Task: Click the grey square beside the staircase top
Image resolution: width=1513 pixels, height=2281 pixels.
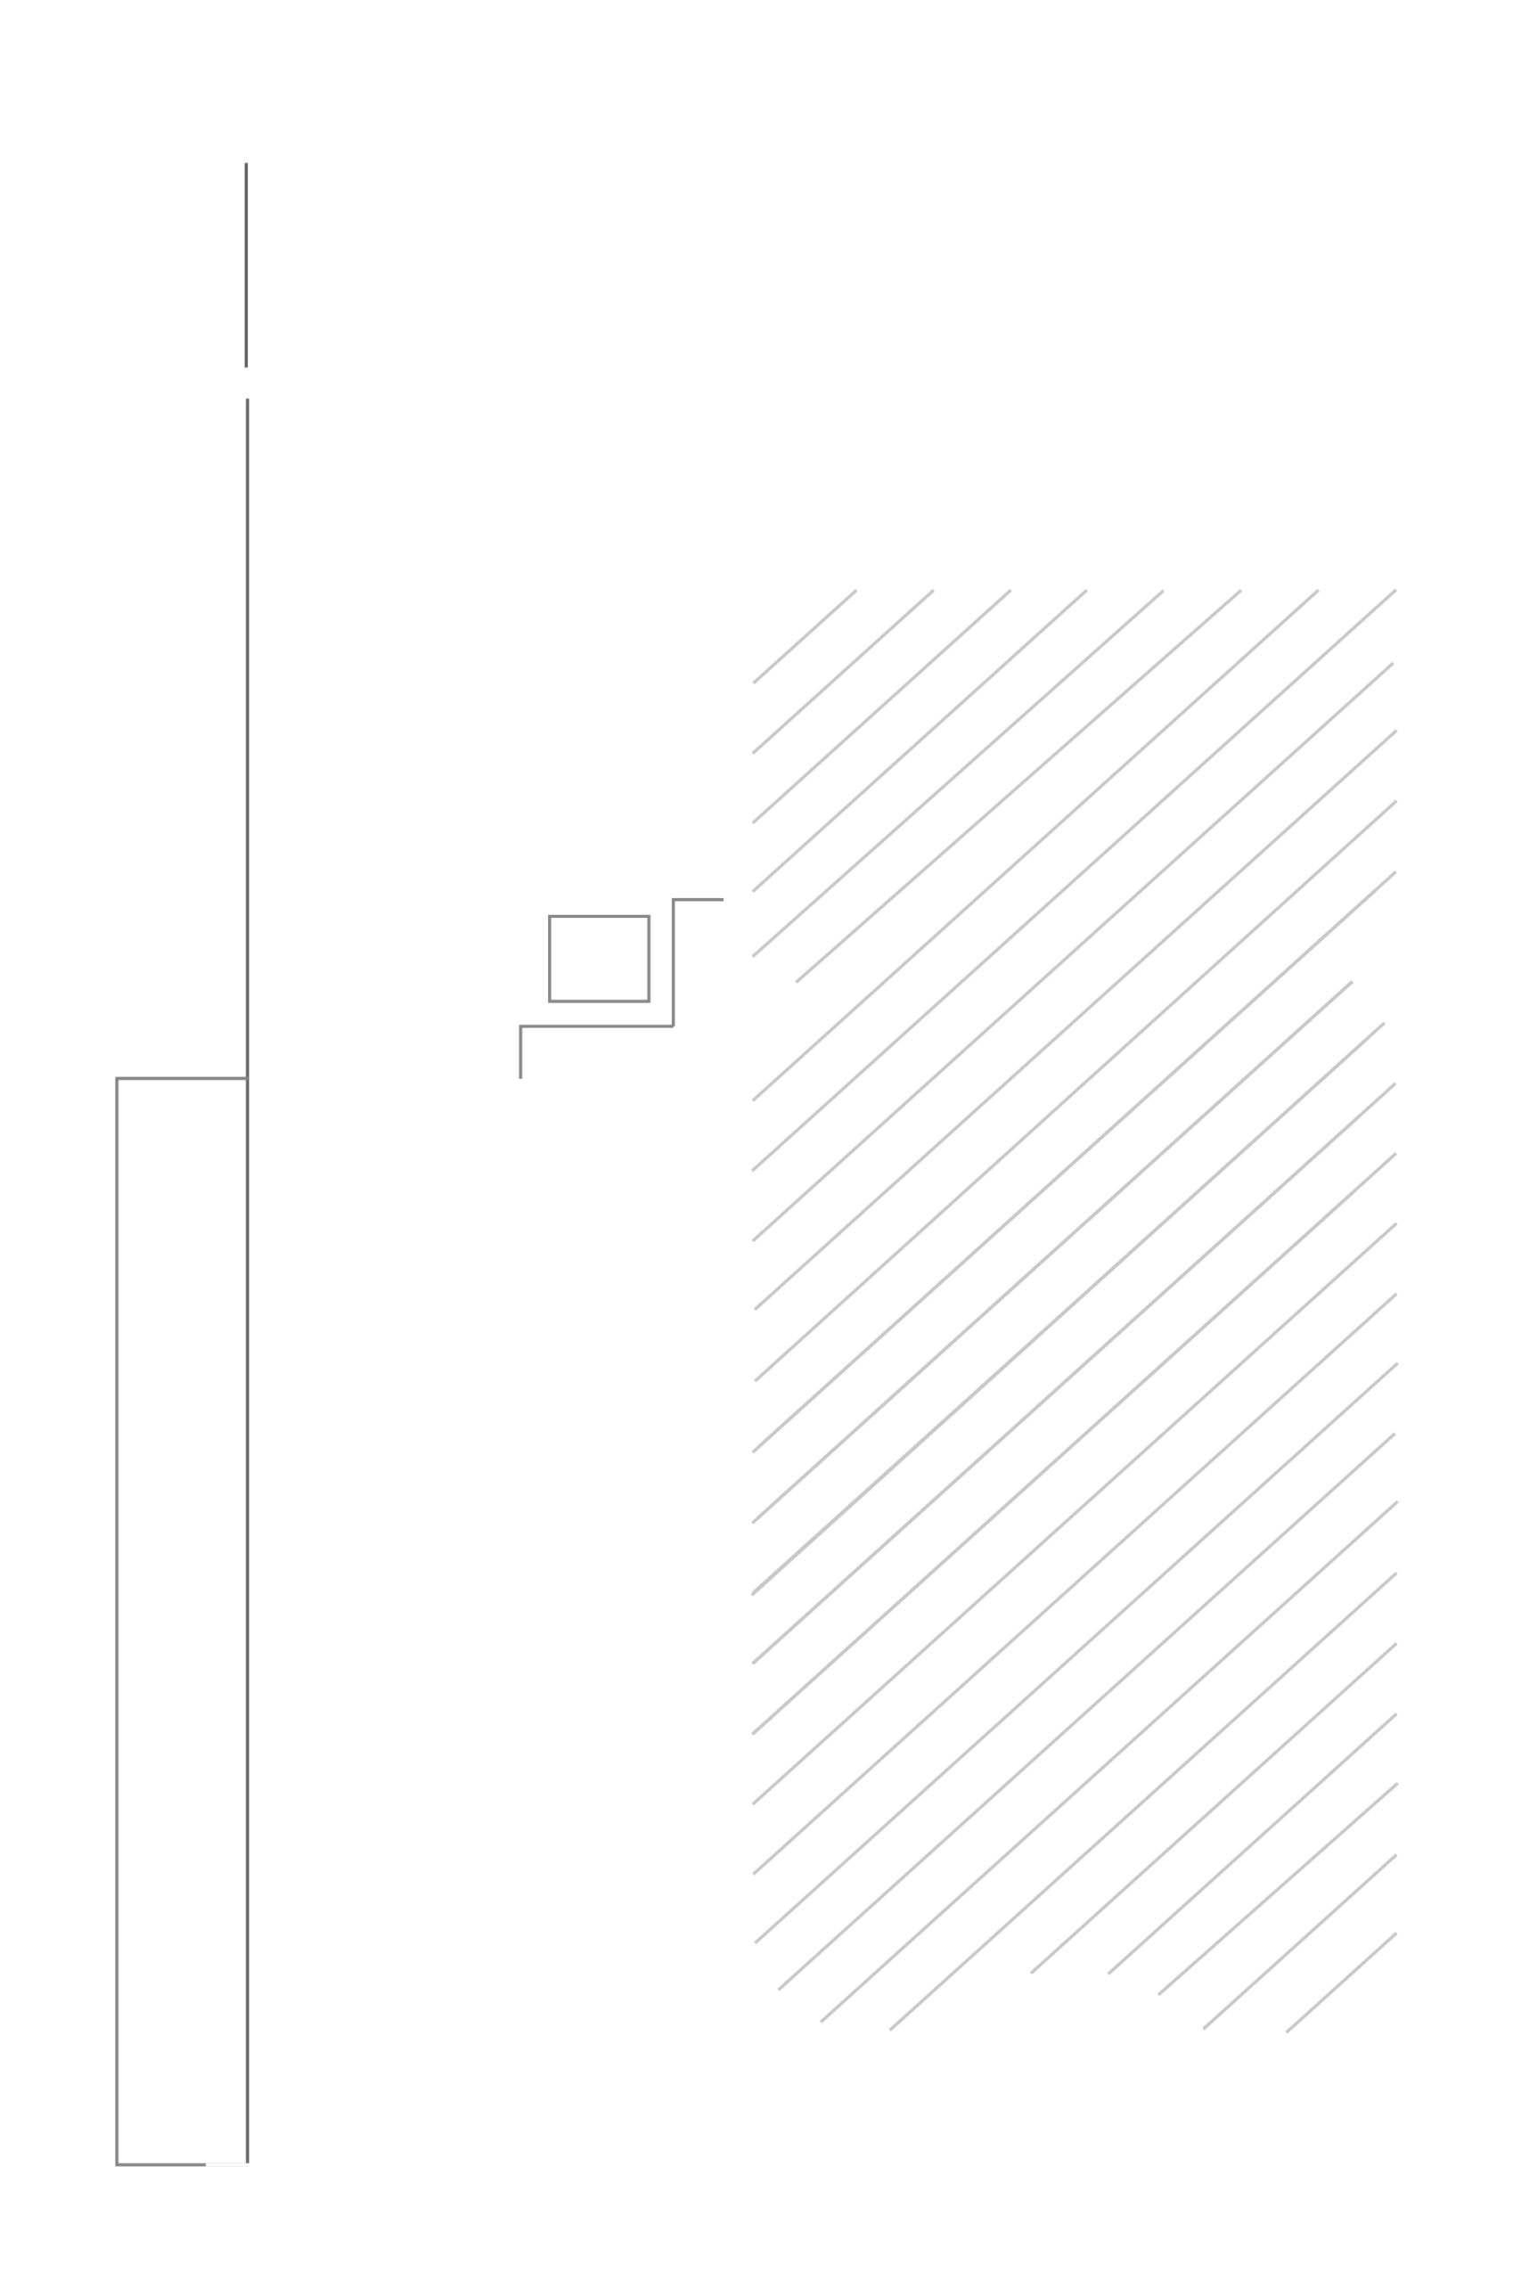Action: (598, 958)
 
